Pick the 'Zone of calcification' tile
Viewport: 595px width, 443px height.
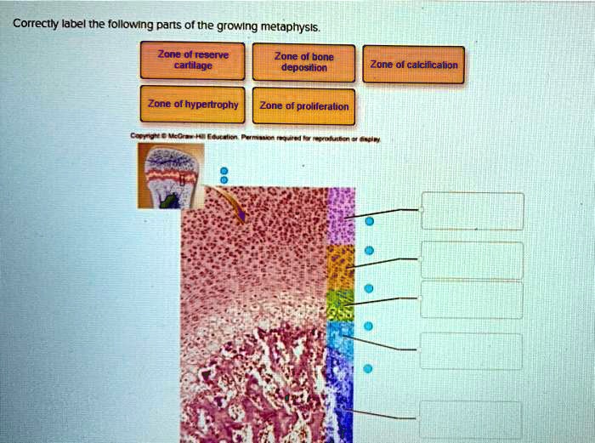tap(413, 65)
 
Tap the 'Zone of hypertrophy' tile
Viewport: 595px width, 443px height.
tap(195, 105)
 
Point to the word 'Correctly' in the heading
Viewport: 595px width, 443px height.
tap(34, 23)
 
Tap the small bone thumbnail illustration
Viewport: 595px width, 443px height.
tap(169, 175)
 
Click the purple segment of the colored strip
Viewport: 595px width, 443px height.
tap(341, 215)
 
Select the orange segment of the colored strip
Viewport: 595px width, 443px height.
tap(340, 266)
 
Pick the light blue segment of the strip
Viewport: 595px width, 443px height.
tap(339, 338)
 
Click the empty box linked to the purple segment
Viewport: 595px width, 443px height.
tap(472, 211)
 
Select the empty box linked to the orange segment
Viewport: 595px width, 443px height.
tap(472, 259)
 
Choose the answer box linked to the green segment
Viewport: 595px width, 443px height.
tap(472, 299)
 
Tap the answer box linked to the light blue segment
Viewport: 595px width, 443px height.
tap(472, 350)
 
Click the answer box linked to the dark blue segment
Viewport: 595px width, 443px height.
tap(472, 419)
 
